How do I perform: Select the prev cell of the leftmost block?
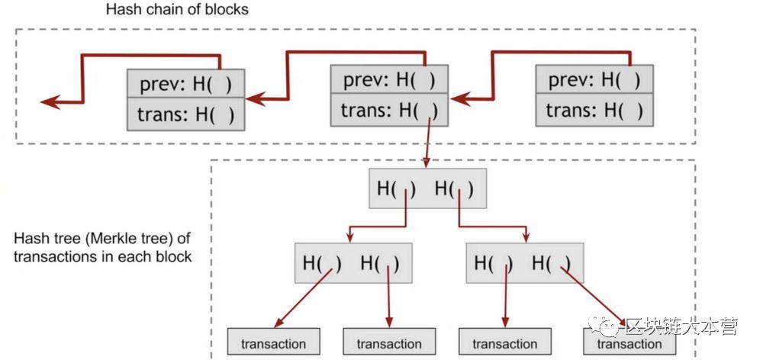[x=186, y=84]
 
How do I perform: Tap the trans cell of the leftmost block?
[x=186, y=114]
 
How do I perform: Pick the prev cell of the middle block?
[x=389, y=79]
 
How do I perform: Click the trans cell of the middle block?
[x=389, y=111]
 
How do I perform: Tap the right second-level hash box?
[x=523, y=263]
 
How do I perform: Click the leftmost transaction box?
[x=273, y=343]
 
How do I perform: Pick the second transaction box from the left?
[x=389, y=343]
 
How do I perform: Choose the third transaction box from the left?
[x=505, y=343]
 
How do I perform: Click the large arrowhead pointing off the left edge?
[x=51, y=102]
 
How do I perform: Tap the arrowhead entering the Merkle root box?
[x=427, y=163]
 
